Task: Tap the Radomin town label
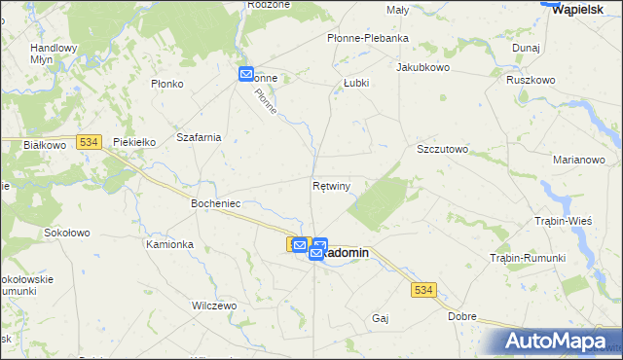click(346, 252)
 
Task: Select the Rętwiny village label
click(332, 185)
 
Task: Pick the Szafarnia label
click(199, 137)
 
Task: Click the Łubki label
click(356, 84)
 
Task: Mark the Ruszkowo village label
click(531, 80)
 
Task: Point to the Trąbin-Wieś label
click(565, 222)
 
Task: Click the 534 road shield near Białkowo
click(89, 142)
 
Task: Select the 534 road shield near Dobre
click(422, 290)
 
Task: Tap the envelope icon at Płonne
click(246, 74)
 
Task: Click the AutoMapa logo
click(557, 341)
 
